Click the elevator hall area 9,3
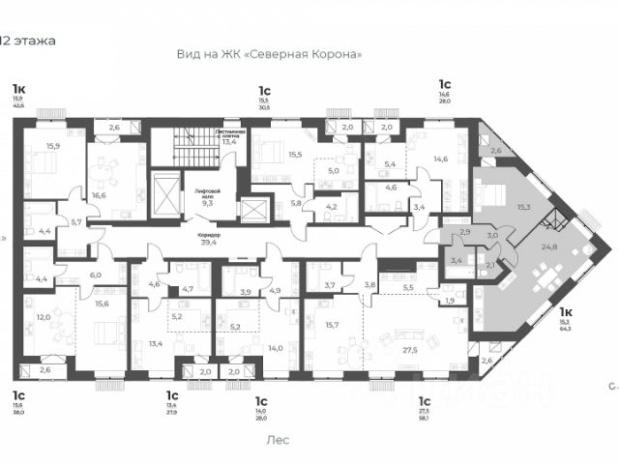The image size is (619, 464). click(207, 203)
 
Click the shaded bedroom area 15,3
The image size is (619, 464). click(523, 206)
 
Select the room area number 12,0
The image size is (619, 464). click(44, 317)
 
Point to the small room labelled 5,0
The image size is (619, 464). click(332, 171)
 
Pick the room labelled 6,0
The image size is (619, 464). click(96, 275)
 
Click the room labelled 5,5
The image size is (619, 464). click(408, 288)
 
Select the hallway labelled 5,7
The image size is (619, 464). click(77, 221)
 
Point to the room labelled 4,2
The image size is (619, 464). click(331, 206)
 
